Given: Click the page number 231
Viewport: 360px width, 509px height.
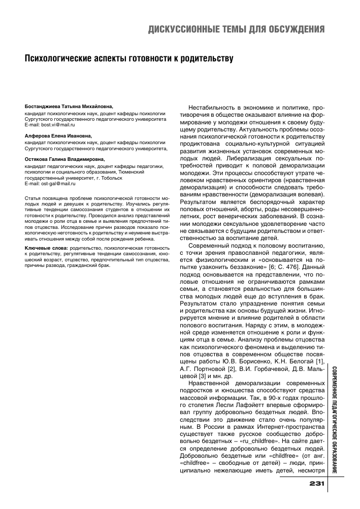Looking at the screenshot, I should click(316, 483).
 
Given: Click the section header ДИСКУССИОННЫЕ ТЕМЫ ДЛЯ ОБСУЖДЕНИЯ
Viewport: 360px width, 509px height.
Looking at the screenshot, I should click(236, 28).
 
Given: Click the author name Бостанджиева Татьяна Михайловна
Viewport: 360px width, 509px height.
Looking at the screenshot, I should click(69, 107).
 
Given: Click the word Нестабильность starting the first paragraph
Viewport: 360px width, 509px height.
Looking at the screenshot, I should click(211, 109).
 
